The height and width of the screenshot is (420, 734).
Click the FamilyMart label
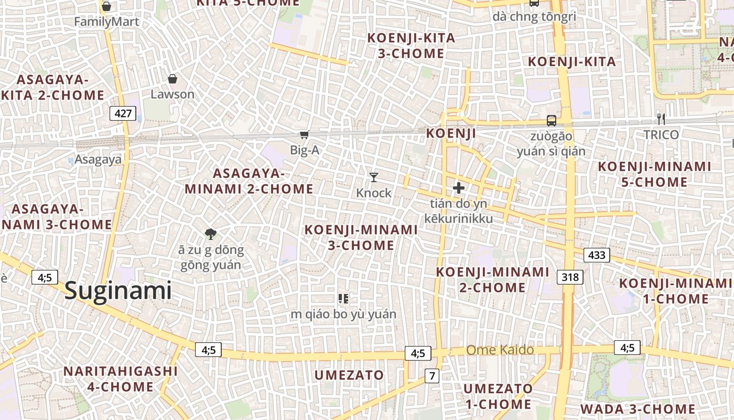(106, 22)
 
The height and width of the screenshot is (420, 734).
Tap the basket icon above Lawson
(172, 79)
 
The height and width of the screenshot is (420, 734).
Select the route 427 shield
(123, 113)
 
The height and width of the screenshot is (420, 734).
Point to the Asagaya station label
(98, 160)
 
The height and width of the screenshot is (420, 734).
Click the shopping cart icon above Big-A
(304, 135)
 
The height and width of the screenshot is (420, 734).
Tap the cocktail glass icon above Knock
(373, 177)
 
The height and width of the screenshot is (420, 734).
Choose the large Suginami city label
(118, 290)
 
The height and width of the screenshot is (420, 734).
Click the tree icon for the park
(211, 234)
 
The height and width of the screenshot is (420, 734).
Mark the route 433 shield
(597, 256)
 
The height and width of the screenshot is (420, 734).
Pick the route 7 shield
(432, 375)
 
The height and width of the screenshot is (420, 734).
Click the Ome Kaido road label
(500, 350)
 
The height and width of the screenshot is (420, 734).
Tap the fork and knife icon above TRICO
(661, 119)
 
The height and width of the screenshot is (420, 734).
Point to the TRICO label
(661, 135)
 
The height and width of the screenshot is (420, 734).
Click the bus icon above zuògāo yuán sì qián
(551, 120)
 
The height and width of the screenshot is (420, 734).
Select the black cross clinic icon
(459, 187)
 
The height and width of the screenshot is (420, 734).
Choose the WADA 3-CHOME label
(638, 409)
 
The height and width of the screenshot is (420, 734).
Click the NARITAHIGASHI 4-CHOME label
(121, 379)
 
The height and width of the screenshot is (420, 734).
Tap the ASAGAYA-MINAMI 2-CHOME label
(249, 181)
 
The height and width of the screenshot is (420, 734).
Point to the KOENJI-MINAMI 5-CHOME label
(654, 174)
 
